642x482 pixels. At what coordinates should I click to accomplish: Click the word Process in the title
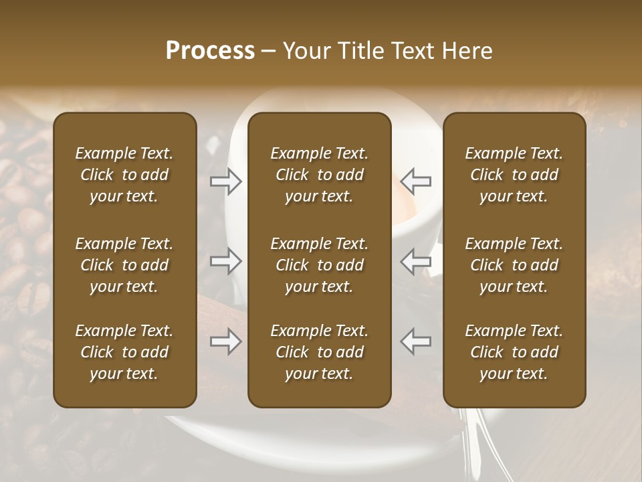click(210, 51)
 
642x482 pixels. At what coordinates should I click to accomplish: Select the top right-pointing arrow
click(226, 181)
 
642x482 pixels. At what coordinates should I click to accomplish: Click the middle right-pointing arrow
click(226, 261)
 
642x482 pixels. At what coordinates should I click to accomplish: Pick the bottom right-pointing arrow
click(226, 341)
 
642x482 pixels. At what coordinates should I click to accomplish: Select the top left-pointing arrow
click(415, 181)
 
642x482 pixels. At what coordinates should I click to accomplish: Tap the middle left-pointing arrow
click(415, 261)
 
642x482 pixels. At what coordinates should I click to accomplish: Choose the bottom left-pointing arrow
click(415, 341)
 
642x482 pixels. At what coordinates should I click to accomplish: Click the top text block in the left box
click(124, 175)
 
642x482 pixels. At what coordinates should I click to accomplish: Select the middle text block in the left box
click(124, 265)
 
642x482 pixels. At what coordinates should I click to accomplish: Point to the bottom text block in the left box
click(124, 352)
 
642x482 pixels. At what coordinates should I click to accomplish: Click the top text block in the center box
click(319, 175)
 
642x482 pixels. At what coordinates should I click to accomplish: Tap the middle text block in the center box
click(319, 265)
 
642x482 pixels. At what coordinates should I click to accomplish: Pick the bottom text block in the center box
click(319, 352)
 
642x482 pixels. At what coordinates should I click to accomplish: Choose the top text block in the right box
click(514, 175)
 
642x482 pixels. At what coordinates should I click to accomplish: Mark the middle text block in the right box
click(514, 265)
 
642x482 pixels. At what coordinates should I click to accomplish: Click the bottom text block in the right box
click(514, 352)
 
